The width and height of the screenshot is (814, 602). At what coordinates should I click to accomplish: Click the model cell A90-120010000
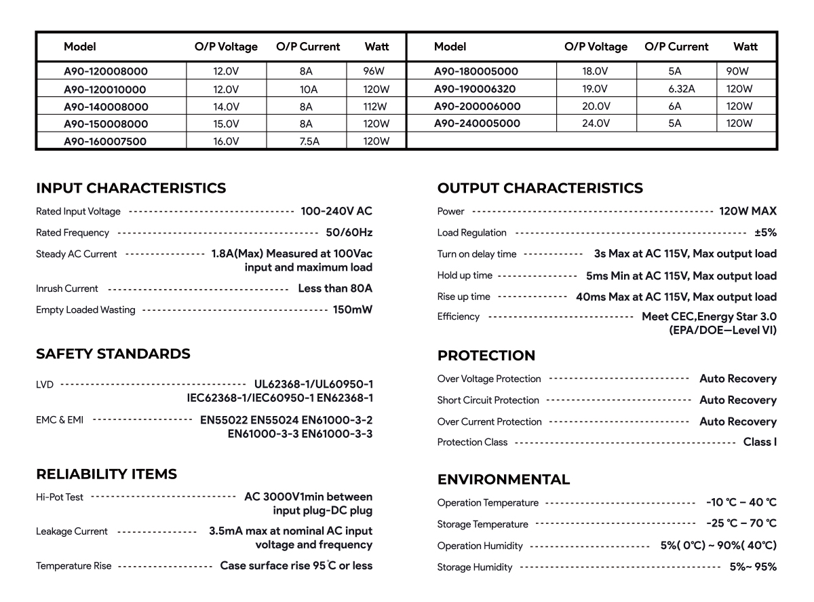point(104,89)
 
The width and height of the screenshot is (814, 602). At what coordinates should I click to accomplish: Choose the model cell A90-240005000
point(477,124)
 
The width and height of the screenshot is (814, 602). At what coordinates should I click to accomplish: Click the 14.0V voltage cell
point(226,107)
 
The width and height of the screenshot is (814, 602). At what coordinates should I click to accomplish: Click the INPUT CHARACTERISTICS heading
point(131,188)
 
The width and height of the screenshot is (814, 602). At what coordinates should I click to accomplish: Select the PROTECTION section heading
point(486,356)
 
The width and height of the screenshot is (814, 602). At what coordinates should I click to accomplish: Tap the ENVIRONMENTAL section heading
point(503,480)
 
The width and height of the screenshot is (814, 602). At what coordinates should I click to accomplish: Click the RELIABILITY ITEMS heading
point(106,474)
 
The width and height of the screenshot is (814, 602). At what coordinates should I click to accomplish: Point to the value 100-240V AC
point(336,211)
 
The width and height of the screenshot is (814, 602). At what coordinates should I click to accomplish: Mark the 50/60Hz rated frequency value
point(349,232)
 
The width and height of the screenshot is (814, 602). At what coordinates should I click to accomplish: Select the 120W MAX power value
point(748,211)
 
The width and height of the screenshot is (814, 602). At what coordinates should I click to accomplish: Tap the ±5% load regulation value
point(765,232)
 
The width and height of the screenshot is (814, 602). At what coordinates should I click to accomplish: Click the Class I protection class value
point(760,442)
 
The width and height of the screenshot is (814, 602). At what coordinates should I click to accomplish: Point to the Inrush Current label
point(67,288)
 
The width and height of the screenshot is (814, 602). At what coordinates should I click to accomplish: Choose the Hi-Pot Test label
point(60,497)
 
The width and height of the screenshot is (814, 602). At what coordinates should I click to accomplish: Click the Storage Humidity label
point(475,567)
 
